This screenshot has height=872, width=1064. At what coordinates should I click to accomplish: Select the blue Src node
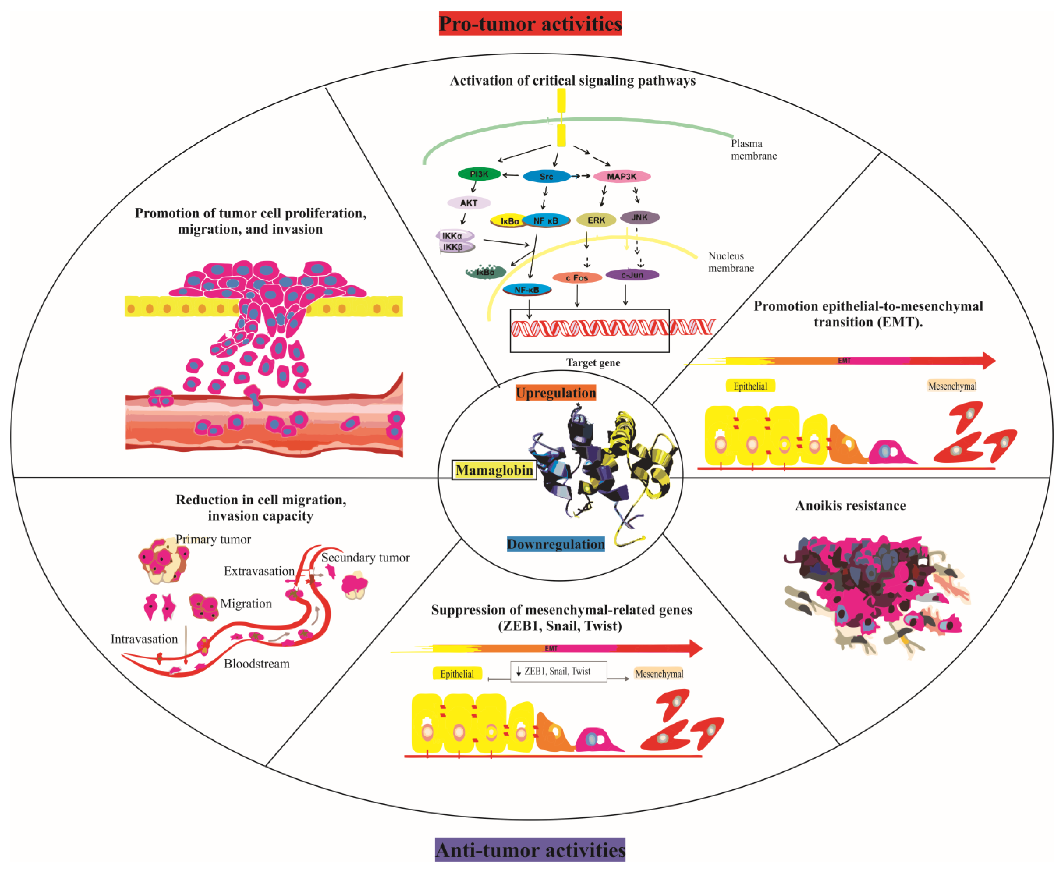[x=546, y=176]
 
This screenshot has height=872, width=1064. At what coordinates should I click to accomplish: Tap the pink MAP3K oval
[x=622, y=176]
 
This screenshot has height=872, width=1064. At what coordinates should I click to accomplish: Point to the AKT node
[x=468, y=203]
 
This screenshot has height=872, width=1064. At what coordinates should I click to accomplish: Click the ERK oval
[x=596, y=220]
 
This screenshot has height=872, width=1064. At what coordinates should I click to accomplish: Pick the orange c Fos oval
[x=577, y=278]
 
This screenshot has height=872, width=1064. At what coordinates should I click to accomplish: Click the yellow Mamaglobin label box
[x=494, y=470]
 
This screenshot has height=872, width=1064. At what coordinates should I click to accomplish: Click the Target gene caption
[x=593, y=363]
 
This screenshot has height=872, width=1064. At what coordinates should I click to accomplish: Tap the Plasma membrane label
[x=753, y=150]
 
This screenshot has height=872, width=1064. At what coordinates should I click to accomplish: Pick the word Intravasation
[x=144, y=639]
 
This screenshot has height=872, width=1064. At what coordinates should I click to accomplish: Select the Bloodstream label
[x=257, y=664]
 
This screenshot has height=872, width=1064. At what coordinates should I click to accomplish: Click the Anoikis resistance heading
[x=851, y=505]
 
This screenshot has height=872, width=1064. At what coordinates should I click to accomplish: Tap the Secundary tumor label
[x=365, y=558]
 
